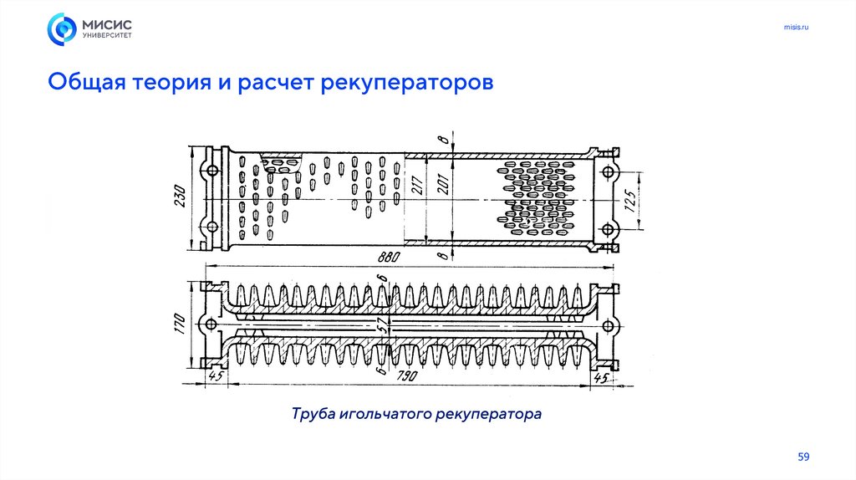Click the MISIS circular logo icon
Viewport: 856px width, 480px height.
pyautogui.click(x=62, y=29)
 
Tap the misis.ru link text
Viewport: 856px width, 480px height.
pyautogui.click(x=796, y=28)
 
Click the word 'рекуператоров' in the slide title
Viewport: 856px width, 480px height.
pyautogui.click(x=407, y=84)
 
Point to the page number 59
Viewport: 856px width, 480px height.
pyautogui.click(x=803, y=457)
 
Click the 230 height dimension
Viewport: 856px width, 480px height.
pyautogui.click(x=179, y=198)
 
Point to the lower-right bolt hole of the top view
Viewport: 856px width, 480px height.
pyautogui.click(x=608, y=228)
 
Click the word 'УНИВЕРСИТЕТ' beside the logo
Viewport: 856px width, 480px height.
pyautogui.click(x=106, y=36)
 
